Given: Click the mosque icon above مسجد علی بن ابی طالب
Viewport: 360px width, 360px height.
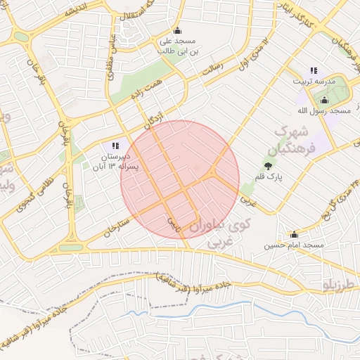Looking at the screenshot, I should (x=176, y=30).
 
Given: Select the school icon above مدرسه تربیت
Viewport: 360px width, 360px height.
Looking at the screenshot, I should (x=314, y=70).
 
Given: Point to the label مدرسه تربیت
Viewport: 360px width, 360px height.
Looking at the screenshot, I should (x=315, y=82).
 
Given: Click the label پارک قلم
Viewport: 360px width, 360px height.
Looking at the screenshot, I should (x=269, y=178).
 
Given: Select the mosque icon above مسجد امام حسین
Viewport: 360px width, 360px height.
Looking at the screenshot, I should (x=294, y=234).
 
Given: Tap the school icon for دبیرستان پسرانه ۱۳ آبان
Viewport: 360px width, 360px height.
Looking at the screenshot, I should (x=115, y=146).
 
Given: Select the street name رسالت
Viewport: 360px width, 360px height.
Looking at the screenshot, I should (x=212, y=71).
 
